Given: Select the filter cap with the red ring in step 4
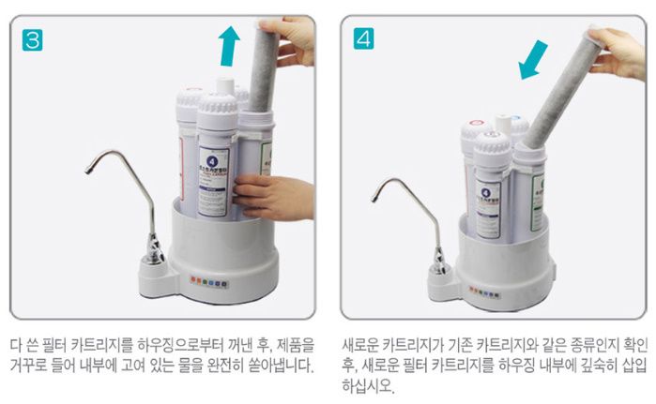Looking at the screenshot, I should [x=477, y=123].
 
